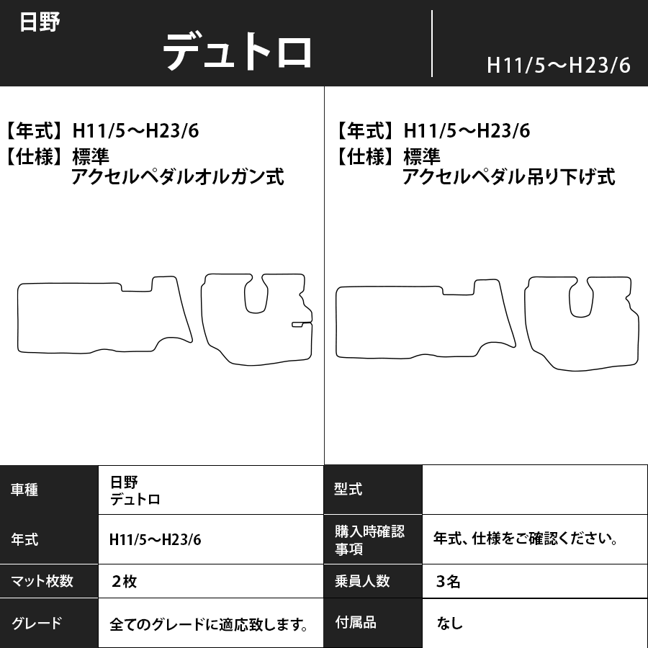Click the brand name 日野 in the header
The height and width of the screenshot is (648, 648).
40,22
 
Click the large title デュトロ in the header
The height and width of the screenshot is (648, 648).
238,52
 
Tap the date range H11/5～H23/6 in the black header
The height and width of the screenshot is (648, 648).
558,66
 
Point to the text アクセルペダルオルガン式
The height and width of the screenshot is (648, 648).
177,176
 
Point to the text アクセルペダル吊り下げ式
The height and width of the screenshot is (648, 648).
509,176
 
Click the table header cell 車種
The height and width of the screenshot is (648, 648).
25,490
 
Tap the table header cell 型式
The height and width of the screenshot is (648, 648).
348,490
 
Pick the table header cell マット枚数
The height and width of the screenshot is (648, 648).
42,581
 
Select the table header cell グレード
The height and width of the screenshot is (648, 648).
37,624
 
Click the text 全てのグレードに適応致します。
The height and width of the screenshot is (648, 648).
210,624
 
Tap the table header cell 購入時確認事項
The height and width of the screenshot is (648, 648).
369,540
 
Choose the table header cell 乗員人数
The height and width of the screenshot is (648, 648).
362,581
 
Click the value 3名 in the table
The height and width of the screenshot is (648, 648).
449,582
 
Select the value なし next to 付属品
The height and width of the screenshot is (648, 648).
449,624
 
